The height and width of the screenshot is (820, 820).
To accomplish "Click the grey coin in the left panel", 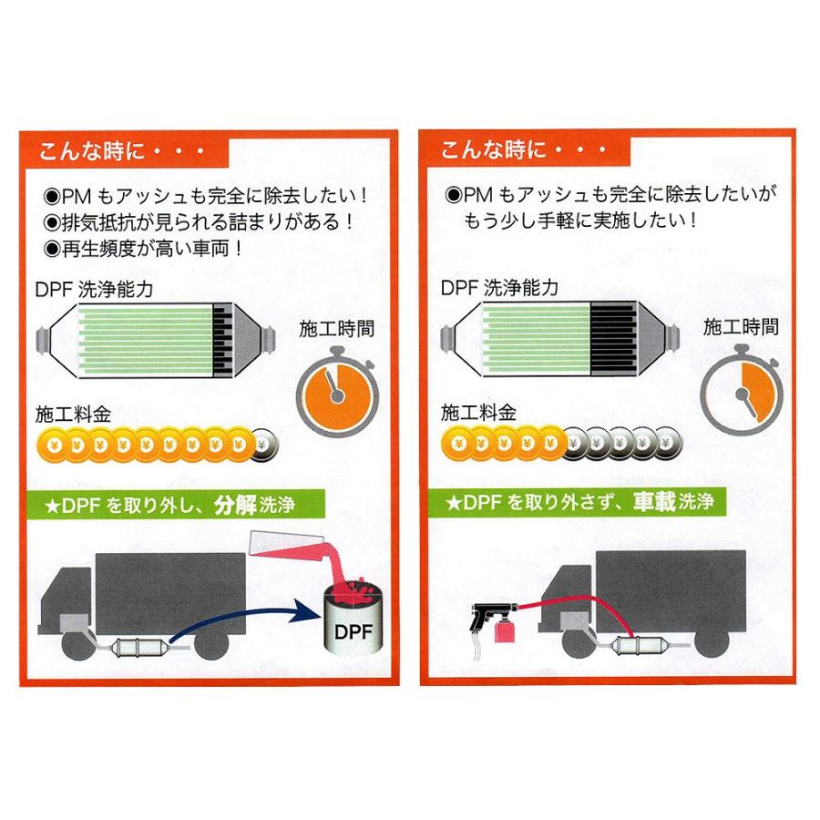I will point(264,446).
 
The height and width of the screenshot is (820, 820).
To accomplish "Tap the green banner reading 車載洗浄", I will point(579,502).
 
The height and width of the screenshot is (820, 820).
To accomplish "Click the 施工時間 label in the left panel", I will point(335,328).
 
